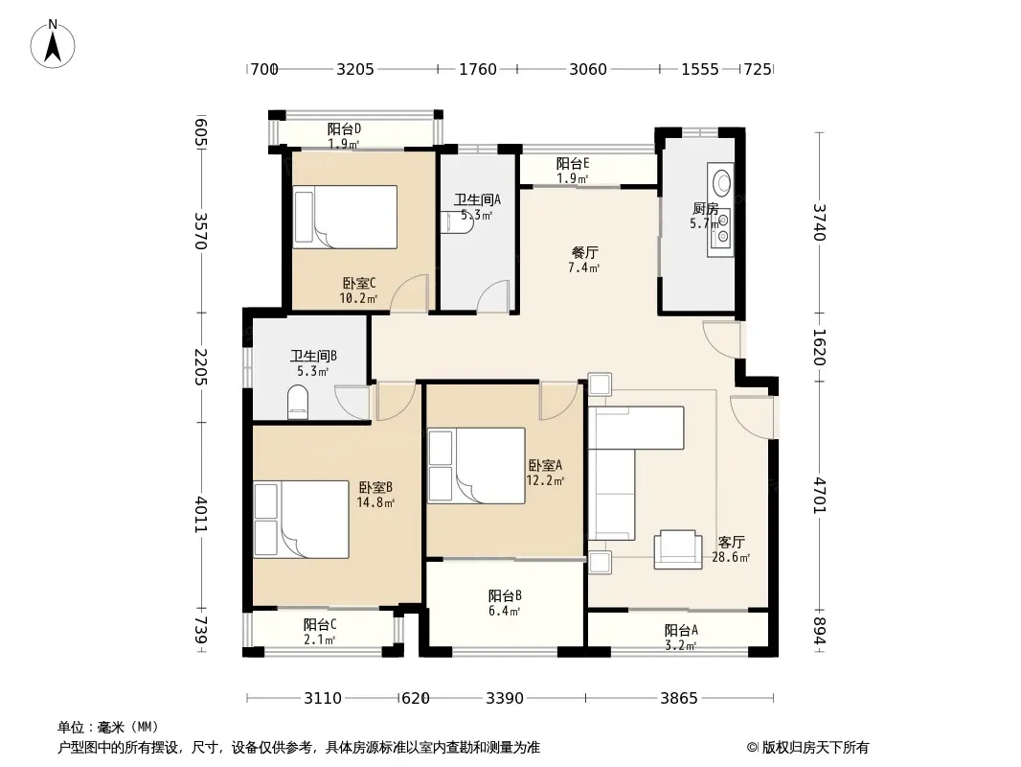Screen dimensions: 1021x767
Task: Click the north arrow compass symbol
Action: coord(53,44)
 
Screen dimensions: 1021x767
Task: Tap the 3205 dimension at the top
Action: coord(355,69)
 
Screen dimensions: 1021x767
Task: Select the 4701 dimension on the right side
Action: coord(820,496)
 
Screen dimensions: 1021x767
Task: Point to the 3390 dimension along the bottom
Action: coord(505,699)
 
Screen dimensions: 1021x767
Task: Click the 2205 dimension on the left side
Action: coord(201,367)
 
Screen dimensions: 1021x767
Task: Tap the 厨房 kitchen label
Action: coord(706,209)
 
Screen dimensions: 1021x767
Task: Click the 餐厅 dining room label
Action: coord(585,252)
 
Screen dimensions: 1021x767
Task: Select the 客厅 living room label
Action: coord(731,543)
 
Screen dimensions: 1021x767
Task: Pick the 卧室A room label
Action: coord(545,465)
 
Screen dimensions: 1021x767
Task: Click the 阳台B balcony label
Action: coord(505,595)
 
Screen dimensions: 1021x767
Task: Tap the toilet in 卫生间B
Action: coord(298,403)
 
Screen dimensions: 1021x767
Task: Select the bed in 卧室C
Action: coord(345,217)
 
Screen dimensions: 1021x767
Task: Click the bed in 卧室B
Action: coord(301,520)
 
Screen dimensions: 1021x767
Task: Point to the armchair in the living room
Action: coord(678,549)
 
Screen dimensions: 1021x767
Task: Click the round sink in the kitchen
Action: coord(721,182)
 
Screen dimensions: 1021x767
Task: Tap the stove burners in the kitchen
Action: coord(721,228)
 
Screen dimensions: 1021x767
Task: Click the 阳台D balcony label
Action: coord(344,129)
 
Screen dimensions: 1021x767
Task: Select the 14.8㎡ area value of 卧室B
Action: coord(375,502)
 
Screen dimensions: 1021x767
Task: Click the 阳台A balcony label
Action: coord(681,630)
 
